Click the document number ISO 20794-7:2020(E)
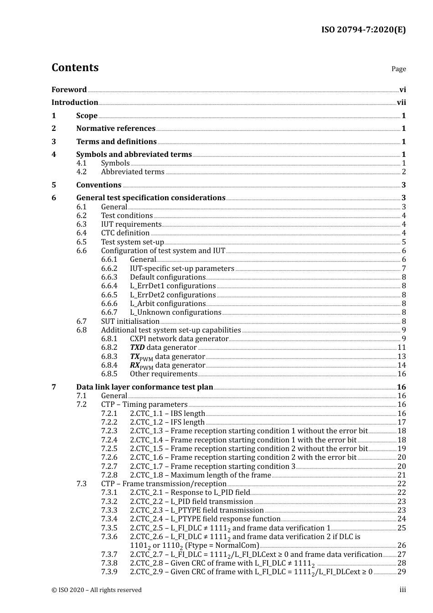click(363, 30)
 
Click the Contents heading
click(75, 68)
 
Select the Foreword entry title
click(69, 90)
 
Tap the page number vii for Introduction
click(401, 103)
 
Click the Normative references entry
click(116, 129)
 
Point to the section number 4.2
click(81, 172)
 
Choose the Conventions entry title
click(98, 185)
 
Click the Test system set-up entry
click(132, 242)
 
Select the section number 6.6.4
click(109, 286)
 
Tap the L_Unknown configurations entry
click(175, 312)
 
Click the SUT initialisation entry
click(130, 322)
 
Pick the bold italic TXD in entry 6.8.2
click(137, 348)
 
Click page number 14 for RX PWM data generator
click(402, 365)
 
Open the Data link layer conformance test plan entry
click(144, 387)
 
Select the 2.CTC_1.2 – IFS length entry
click(167, 422)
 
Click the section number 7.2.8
click(109, 475)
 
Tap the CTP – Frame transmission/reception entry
click(164, 484)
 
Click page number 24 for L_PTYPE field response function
click(402, 519)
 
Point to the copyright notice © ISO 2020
click(97, 590)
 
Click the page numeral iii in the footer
click(402, 590)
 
